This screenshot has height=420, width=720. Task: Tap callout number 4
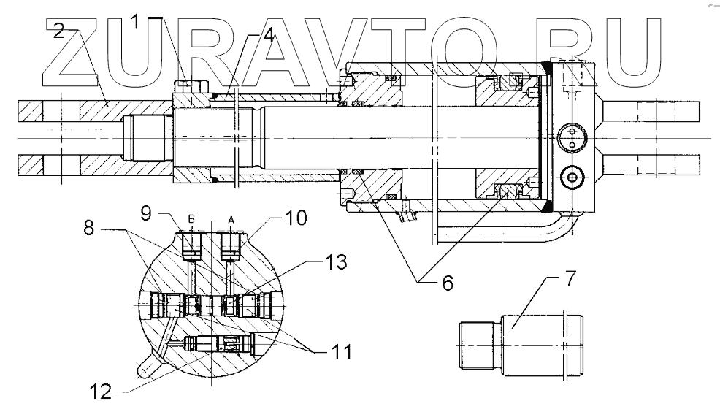click(x=269, y=36)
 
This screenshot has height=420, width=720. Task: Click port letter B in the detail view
click(x=192, y=218)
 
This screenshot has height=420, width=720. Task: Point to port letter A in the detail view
click(x=231, y=217)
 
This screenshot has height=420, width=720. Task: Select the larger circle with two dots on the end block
click(x=570, y=137)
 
